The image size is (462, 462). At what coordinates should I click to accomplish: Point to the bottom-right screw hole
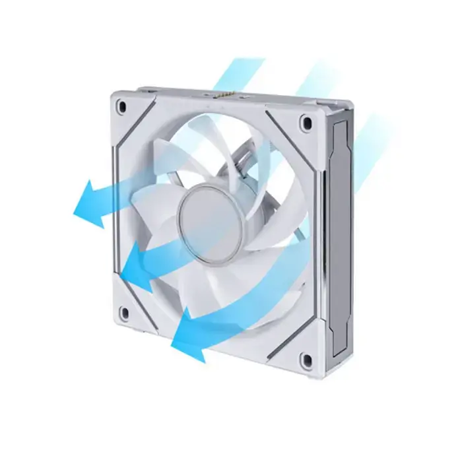[306, 358]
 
